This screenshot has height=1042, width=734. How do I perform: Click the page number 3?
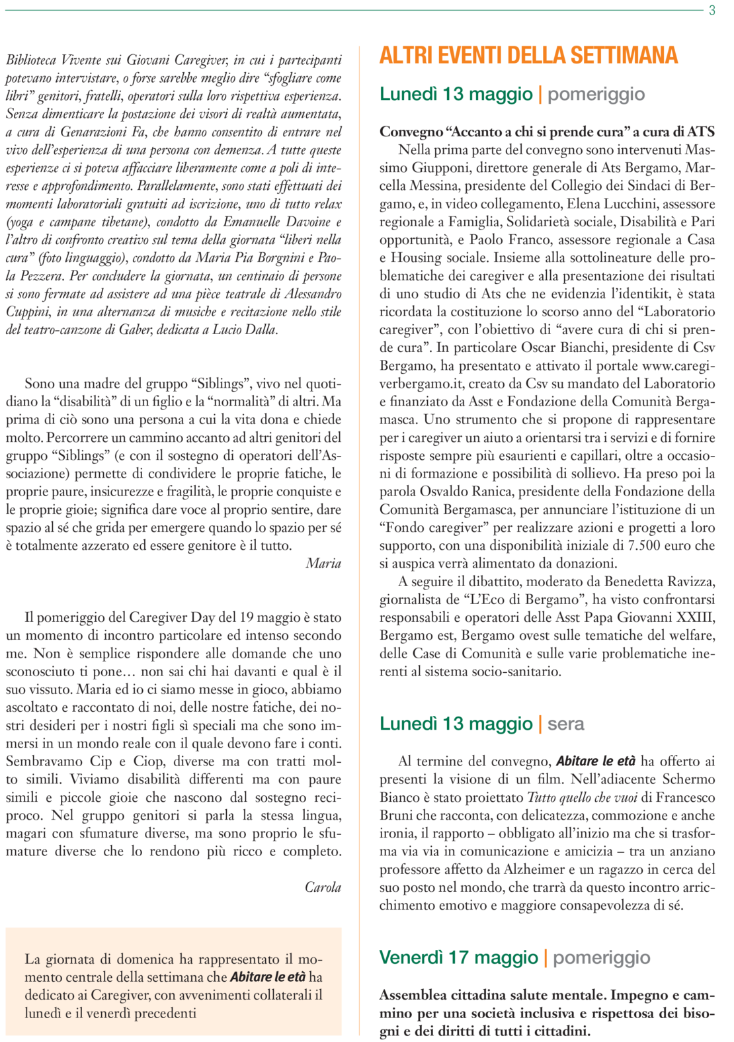712,11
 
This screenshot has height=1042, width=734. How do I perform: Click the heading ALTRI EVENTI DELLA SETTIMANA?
528,56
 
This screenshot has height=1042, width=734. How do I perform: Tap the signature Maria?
323,564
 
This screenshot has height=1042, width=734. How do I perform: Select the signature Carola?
323,887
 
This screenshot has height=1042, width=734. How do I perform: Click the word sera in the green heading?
566,724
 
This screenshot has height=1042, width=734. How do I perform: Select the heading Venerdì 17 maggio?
458,957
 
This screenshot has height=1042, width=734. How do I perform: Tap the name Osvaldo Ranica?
470,492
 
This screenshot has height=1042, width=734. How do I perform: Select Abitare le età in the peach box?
268,977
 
